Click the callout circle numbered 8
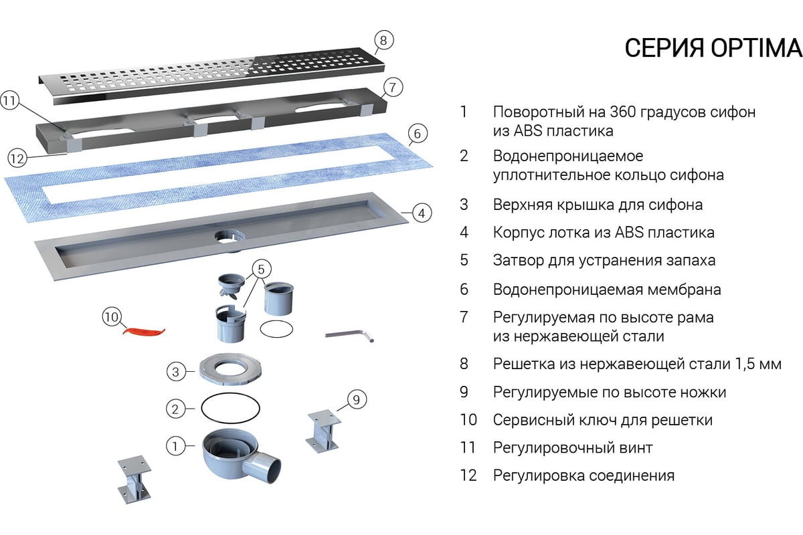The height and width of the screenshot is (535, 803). (383, 40)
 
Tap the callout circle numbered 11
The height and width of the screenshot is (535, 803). (9, 100)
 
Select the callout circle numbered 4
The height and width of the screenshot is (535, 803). (422, 213)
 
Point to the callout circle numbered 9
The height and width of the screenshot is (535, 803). (356, 399)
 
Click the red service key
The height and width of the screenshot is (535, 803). (144, 331)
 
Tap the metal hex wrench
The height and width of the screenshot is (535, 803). (349, 336)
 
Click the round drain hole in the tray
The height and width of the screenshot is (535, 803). (230, 237)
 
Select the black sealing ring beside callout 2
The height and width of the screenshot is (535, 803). (230, 409)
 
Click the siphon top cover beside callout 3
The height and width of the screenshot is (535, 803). (230, 370)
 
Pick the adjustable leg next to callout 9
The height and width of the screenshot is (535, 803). (323, 431)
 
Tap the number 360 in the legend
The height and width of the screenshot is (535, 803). (622, 112)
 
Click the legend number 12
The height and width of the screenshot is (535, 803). (468, 475)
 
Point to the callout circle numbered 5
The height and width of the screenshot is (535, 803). (261, 269)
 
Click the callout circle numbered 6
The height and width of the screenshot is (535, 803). (418, 134)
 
